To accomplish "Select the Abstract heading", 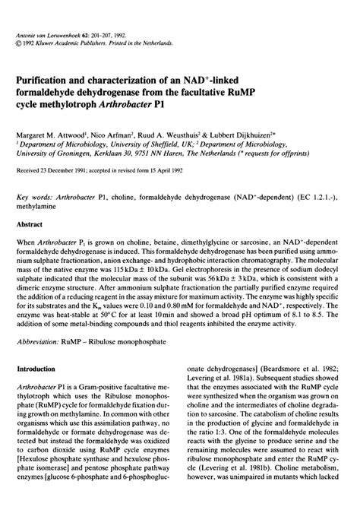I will tap(42, 224).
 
